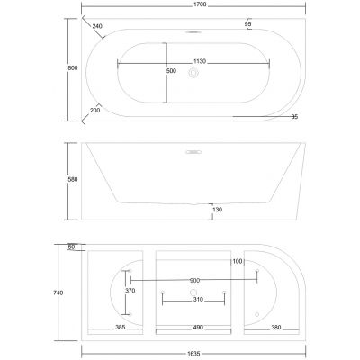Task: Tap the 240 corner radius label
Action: pyautogui.click(x=97, y=27)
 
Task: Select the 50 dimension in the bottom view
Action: pyautogui.click(x=71, y=247)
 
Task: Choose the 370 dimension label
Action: pyautogui.click(x=130, y=291)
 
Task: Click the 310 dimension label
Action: pyautogui.click(x=194, y=300)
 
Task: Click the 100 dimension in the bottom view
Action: pyautogui.click(x=238, y=261)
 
